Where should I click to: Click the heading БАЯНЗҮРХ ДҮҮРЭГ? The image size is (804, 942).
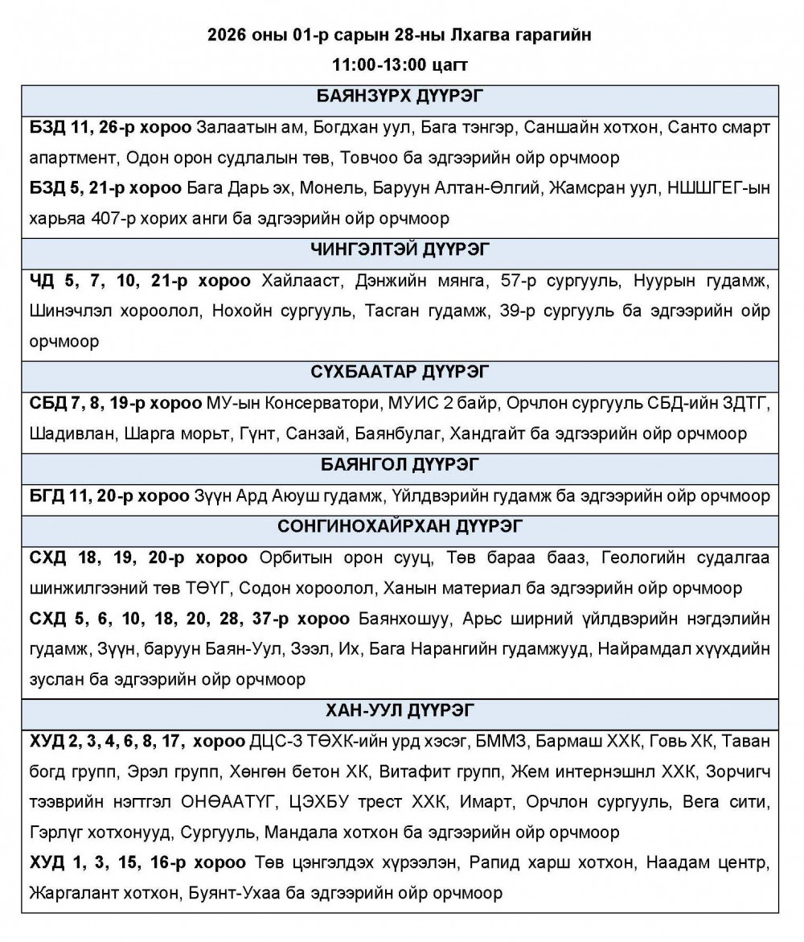tap(400, 97)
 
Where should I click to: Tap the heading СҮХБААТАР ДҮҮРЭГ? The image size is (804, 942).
tap(400, 372)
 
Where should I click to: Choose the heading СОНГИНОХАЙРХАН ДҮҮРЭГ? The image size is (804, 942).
tap(400, 527)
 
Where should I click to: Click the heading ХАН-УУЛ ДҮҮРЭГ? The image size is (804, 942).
tap(400, 710)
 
